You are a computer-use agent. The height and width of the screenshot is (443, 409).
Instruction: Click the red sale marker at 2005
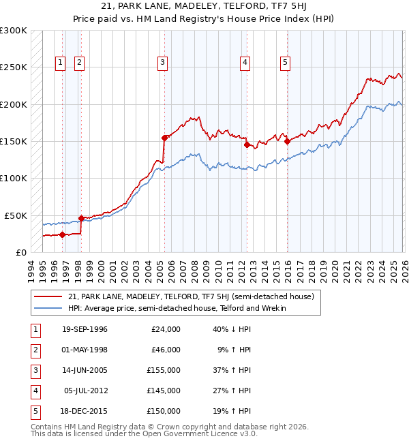coord(164,138)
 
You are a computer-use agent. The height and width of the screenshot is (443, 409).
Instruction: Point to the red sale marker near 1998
coord(81,218)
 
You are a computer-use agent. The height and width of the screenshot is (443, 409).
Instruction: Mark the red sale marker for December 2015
coord(287,142)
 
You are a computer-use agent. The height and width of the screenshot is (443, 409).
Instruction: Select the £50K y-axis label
coord(16,215)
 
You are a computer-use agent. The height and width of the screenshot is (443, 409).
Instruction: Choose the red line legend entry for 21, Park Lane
coord(190,296)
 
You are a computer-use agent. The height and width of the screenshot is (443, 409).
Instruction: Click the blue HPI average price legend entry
coord(177,308)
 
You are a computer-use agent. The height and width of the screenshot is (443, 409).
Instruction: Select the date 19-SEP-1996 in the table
coord(85,329)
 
